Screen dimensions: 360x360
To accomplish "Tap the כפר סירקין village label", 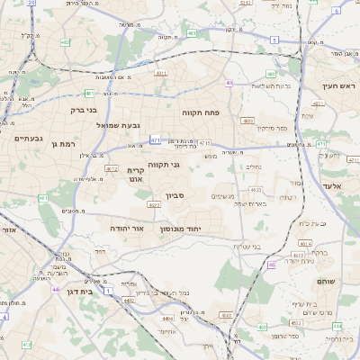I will [x=272, y=130].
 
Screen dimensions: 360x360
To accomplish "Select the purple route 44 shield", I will [x=55, y=289].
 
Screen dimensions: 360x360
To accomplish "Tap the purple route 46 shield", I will [x=271, y=265].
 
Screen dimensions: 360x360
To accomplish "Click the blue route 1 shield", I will [x=109, y=292].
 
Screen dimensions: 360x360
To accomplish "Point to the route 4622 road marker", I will [x=112, y=168].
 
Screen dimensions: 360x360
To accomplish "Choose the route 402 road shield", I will [x=66, y=42].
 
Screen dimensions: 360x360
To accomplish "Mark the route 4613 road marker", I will [x=257, y=190].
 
